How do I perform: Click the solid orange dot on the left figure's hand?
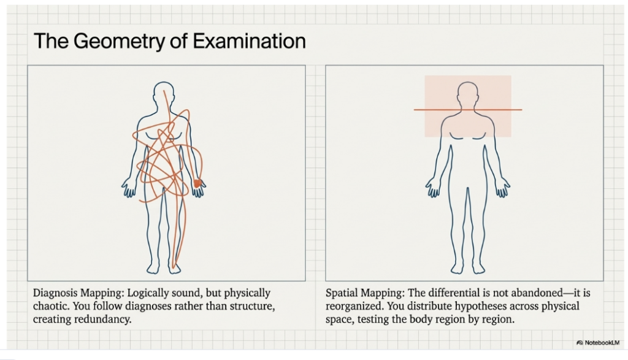click(197, 183)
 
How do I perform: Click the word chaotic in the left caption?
click(51, 307)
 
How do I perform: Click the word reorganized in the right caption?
click(353, 307)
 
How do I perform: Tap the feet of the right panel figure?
click(468, 268)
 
